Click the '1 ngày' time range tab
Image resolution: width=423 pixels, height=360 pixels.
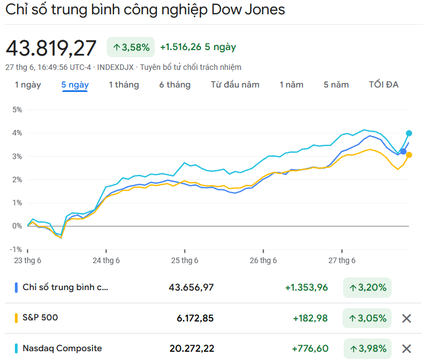(x=28, y=85)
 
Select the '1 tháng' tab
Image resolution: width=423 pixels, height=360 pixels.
(x=123, y=85)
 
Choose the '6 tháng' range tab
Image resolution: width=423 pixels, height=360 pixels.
(x=175, y=85)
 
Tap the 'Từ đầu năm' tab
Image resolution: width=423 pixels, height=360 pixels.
(x=235, y=85)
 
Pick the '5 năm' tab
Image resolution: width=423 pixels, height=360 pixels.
(x=336, y=85)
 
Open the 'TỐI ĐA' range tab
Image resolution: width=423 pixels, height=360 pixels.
(x=383, y=85)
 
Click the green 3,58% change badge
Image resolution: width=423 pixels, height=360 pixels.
(x=131, y=47)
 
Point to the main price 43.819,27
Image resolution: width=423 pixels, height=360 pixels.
(x=51, y=48)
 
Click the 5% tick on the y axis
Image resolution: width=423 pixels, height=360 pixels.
(x=17, y=110)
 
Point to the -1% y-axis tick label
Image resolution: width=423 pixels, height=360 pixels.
(x=16, y=249)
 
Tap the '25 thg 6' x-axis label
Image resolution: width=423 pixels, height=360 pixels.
(x=185, y=260)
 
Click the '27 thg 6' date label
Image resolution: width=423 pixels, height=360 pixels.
(x=342, y=260)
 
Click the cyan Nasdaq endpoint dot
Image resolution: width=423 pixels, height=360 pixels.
(x=409, y=133)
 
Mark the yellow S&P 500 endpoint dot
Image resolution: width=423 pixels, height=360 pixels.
(x=409, y=155)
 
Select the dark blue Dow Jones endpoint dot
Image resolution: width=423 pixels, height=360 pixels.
(x=403, y=151)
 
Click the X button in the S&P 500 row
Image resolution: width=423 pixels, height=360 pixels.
(x=406, y=318)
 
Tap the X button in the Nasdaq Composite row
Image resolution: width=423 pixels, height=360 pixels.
(x=406, y=348)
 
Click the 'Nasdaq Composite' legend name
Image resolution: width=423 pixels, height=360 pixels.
(x=62, y=348)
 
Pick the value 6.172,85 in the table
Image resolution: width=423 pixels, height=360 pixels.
(x=195, y=318)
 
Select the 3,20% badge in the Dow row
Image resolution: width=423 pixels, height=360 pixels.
(x=367, y=287)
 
